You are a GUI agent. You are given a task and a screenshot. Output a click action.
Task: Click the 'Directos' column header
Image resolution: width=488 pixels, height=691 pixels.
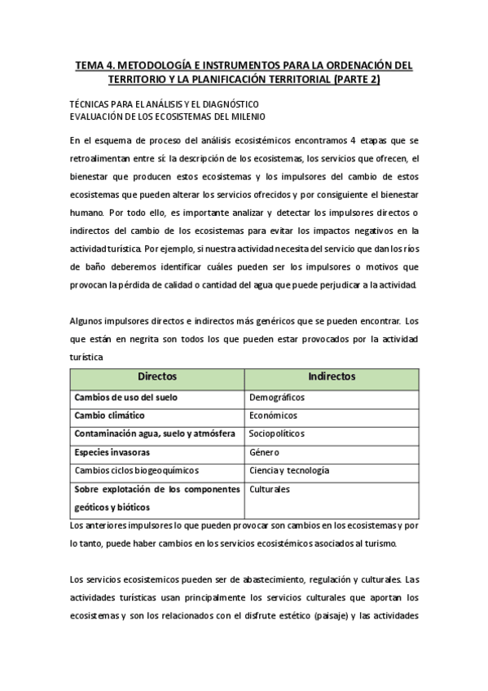click(x=156, y=377)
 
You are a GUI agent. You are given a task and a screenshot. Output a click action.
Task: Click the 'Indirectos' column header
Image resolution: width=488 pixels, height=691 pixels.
click(x=332, y=377)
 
